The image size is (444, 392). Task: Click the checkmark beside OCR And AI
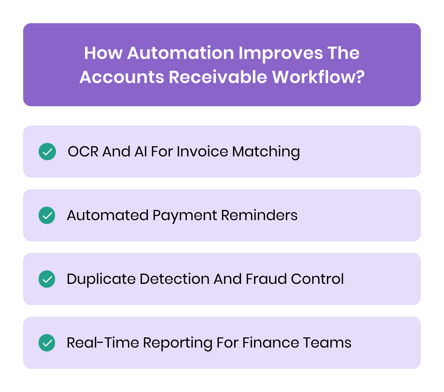coord(47,152)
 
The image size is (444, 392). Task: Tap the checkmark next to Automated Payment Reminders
coord(47,215)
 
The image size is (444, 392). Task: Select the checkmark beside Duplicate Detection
coord(47,279)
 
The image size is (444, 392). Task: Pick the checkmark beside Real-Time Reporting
coord(47,343)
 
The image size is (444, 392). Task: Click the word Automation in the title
coord(180,53)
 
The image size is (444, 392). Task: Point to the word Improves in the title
coord(281,54)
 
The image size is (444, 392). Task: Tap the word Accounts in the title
coord(122,77)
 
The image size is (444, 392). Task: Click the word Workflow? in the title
coord(318,77)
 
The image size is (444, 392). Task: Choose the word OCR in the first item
coord(83,152)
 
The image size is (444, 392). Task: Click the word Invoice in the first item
coord(202,152)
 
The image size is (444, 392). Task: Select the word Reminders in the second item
coord(259,215)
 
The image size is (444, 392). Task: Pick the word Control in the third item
coord(317,279)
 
